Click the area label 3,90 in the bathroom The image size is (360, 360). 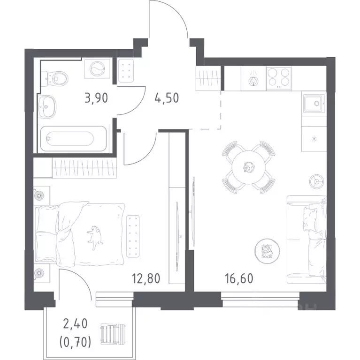click(96, 98)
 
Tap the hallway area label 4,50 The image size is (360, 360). click(167, 98)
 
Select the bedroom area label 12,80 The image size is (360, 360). click(146, 278)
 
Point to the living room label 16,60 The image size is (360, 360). click(239, 278)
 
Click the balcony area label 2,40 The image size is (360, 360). click(76, 324)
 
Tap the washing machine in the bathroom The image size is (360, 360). click(97, 68)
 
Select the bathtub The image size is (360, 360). click(73, 138)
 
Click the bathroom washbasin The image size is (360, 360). click(47, 106)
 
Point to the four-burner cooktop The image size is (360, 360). click(279, 78)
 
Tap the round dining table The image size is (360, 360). click(248, 167)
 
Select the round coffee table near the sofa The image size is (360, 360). click(267, 251)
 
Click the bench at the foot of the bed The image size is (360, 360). click(133, 236)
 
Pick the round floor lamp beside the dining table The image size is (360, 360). click(317, 181)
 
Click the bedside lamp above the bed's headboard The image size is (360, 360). click(39, 195)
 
